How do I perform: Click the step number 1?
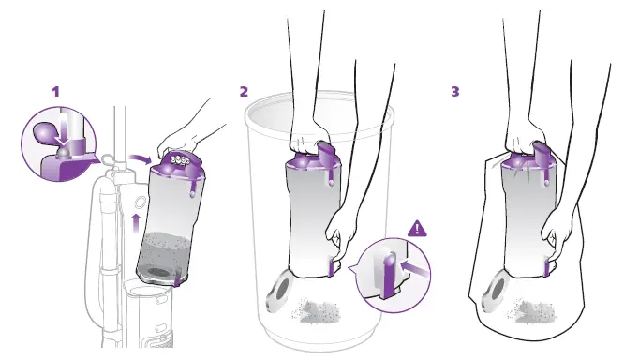55,92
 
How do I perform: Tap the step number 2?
244,92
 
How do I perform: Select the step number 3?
455,92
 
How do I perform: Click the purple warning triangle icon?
415,228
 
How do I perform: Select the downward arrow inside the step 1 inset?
64,130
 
